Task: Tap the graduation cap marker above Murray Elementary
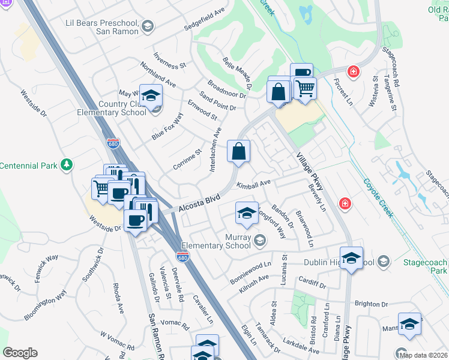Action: tap(246, 212)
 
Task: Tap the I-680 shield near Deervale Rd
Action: tap(182, 257)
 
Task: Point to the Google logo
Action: tap(20, 352)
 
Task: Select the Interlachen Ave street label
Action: tap(215, 150)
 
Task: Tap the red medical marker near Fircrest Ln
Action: tap(354, 71)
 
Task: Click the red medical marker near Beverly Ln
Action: tap(345, 203)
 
